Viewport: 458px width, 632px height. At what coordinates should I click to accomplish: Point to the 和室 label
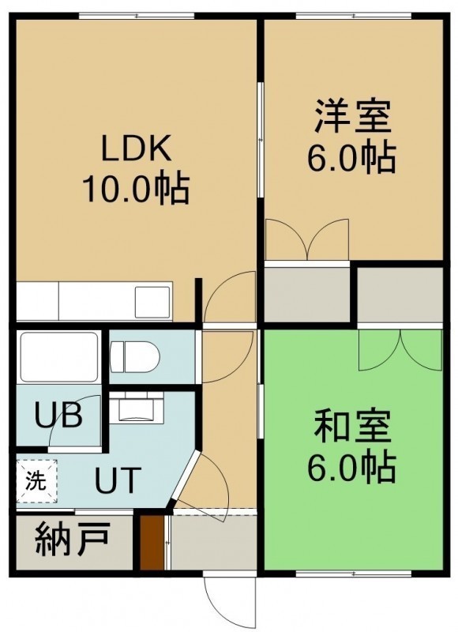352,425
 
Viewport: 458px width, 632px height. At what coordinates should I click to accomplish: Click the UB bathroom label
58,415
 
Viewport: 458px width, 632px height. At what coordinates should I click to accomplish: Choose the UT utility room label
118,480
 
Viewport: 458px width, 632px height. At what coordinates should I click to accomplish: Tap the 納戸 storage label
73,539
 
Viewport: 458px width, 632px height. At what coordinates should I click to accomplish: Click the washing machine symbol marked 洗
36,482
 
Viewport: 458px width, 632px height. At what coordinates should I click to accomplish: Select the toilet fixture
135,356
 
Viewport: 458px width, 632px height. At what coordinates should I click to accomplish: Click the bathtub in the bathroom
59,357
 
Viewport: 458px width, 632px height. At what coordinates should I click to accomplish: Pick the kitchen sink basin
152,302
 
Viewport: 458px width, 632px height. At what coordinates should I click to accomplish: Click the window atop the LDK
137,16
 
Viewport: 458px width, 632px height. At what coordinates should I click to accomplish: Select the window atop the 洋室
353,16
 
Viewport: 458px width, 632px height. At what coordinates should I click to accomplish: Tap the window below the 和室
353,574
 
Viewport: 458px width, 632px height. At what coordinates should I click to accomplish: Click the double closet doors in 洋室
307,240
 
